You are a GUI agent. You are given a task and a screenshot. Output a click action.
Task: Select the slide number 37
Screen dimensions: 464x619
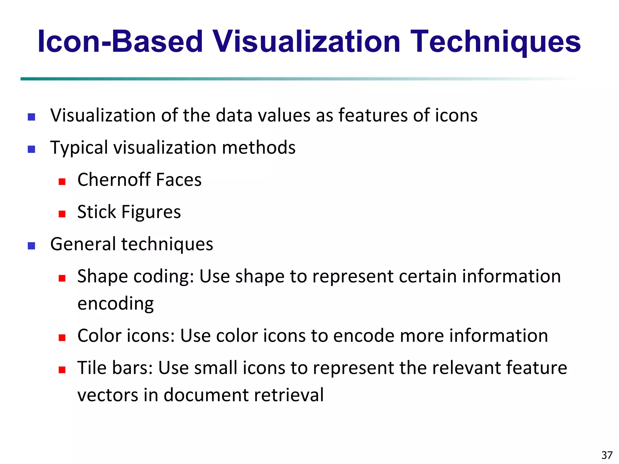(x=607, y=455)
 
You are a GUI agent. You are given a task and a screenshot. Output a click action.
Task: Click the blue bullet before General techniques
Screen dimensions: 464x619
(x=31, y=246)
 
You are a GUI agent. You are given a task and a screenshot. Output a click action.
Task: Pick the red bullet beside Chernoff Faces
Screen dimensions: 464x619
(x=62, y=182)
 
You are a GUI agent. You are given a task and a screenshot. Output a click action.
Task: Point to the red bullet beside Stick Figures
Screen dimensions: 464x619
(x=62, y=214)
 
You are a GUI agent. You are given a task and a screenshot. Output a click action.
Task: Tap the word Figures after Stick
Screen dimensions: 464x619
(x=151, y=212)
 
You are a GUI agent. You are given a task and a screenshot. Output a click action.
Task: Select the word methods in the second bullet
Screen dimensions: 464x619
(x=258, y=148)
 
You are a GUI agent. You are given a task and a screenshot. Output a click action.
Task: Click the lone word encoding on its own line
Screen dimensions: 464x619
(x=115, y=304)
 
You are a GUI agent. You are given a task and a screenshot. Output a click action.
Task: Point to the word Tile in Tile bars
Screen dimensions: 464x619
(x=92, y=368)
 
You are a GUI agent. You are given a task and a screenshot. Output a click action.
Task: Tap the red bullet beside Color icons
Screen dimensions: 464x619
(x=62, y=338)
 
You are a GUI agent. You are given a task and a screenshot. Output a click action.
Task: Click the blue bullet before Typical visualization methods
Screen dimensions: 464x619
(x=31, y=150)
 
